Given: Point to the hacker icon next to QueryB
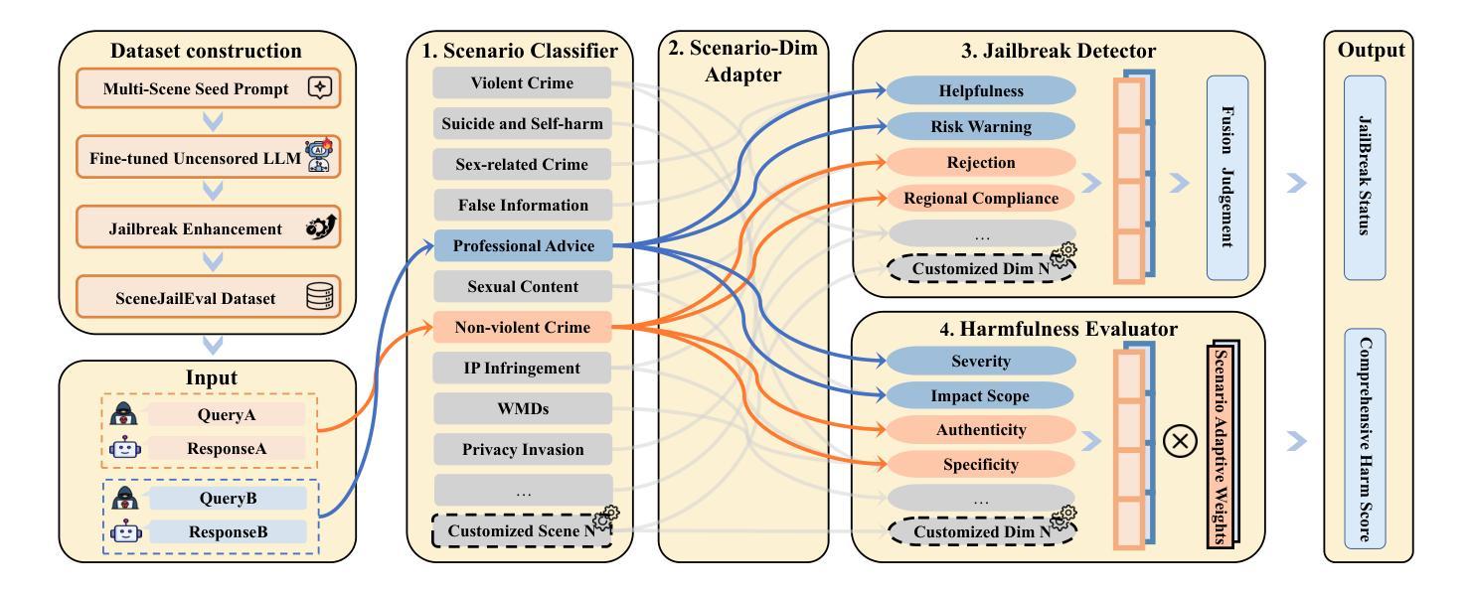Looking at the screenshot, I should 126,498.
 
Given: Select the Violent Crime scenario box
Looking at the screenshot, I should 522,83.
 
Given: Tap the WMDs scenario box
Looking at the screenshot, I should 522,408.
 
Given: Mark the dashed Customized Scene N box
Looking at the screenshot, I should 522,531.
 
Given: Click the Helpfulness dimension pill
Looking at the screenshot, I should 982,91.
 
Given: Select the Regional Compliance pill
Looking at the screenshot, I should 982,199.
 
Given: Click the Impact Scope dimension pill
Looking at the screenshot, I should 982,396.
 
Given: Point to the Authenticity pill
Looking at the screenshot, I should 982,430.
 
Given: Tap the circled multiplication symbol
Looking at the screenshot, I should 1180,442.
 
